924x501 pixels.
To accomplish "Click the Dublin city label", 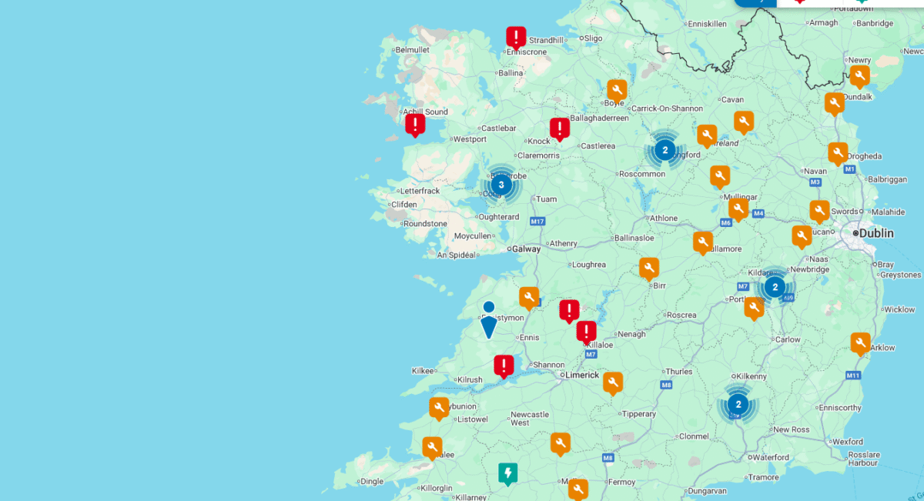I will click(x=876, y=233).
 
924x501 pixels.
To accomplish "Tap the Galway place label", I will click(x=527, y=249).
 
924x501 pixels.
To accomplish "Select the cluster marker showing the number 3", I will click(x=501, y=185).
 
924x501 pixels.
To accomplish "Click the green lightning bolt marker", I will click(x=507, y=473).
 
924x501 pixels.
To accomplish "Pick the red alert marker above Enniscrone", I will click(x=516, y=37).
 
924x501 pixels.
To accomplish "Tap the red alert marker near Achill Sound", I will click(x=415, y=124).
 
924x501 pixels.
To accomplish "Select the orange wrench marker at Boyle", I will click(x=616, y=89).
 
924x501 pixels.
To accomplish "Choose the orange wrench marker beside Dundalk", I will click(x=834, y=102).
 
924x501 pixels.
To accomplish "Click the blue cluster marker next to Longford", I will click(x=665, y=149).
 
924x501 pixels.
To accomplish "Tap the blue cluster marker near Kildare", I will click(x=775, y=287).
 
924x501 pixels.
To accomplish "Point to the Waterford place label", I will click(x=770, y=457).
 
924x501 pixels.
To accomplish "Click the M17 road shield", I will click(x=537, y=222).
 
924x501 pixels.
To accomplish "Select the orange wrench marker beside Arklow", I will click(x=860, y=342).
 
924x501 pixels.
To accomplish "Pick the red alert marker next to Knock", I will click(x=560, y=128).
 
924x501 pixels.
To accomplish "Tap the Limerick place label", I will click(x=582, y=375).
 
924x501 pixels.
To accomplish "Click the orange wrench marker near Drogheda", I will click(x=838, y=153).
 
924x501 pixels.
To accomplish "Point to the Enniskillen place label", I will click(x=706, y=24).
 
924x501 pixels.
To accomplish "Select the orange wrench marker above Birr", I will click(x=649, y=268).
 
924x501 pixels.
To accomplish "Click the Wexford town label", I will click(x=847, y=442).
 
